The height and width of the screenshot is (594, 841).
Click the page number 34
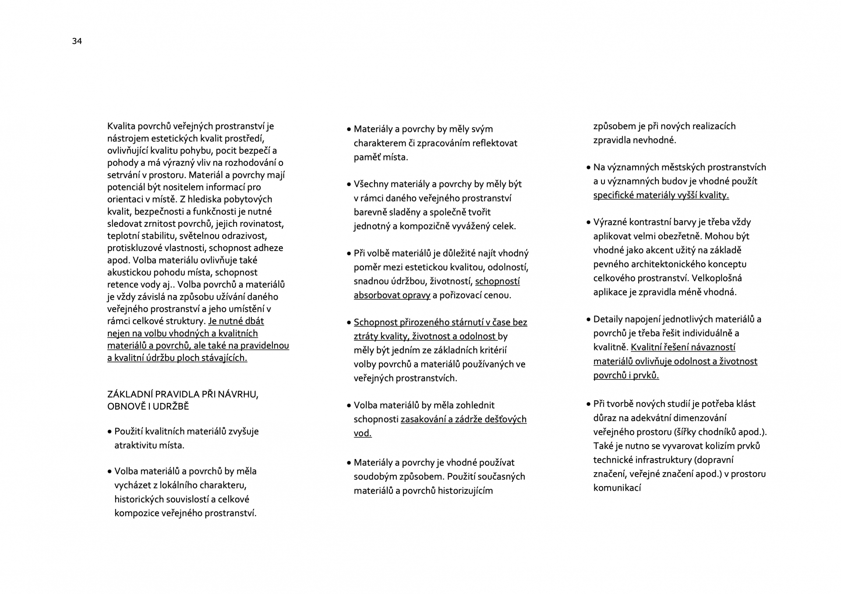tap(77, 41)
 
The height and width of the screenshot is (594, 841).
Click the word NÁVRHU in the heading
tap(239, 394)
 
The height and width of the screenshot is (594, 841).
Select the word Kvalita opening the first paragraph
tap(121, 126)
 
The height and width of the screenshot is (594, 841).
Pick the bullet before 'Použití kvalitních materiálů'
tap(110, 432)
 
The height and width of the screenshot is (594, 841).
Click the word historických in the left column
tap(139, 499)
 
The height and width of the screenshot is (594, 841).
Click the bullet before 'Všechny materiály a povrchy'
tap(349, 185)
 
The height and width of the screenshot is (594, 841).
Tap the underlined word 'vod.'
tap(363, 433)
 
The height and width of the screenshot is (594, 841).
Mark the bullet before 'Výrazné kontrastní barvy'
tap(589, 223)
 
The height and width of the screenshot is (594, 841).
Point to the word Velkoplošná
tap(717, 278)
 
